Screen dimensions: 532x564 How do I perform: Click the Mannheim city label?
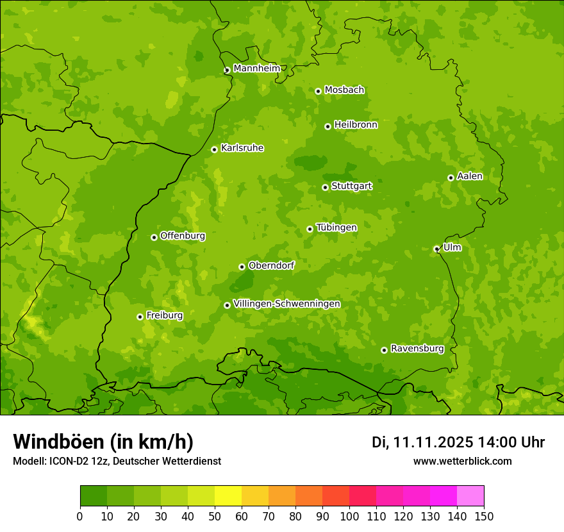256,69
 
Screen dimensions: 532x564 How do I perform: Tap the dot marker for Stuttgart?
325,187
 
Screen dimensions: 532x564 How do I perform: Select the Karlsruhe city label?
242,148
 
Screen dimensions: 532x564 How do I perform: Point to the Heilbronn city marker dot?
328,126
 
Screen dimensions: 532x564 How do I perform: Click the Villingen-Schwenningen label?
286,304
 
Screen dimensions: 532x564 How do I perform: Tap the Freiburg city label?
164,315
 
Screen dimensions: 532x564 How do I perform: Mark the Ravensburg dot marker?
384,350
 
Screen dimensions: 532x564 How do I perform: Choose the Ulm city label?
452,247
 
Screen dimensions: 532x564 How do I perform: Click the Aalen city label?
470,176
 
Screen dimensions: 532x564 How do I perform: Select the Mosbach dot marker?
318,91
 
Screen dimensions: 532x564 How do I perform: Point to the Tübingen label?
336,228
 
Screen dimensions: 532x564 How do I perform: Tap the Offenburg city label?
183,236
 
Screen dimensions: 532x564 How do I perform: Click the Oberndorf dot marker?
242,267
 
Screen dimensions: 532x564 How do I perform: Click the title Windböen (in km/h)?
103,442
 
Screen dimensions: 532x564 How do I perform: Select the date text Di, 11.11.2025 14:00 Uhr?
458,442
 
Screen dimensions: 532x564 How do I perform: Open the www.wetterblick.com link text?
462,461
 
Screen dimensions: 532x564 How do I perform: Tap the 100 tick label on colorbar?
349,516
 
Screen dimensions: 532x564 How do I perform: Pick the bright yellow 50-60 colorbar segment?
228,496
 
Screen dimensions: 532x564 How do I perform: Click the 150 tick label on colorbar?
484,516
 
